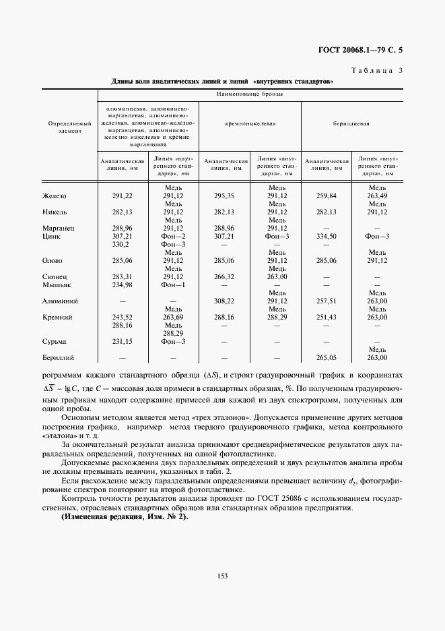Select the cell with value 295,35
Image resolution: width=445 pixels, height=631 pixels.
pos(224,196)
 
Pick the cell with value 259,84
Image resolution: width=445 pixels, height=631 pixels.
pos(326,196)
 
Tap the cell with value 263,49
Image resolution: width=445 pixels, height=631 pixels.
pos(377,196)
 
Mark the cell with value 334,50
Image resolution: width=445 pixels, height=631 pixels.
pos(326,237)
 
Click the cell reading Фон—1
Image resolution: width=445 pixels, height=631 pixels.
pos(173,284)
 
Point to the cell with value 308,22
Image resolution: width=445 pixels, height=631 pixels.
pos(224,301)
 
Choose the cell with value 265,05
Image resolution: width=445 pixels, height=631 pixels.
pos(326,357)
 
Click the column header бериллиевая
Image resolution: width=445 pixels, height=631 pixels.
pos(351,124)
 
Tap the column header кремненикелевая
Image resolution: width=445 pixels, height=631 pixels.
pos(250,124)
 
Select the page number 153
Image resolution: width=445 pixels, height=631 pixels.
pos(223,575)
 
